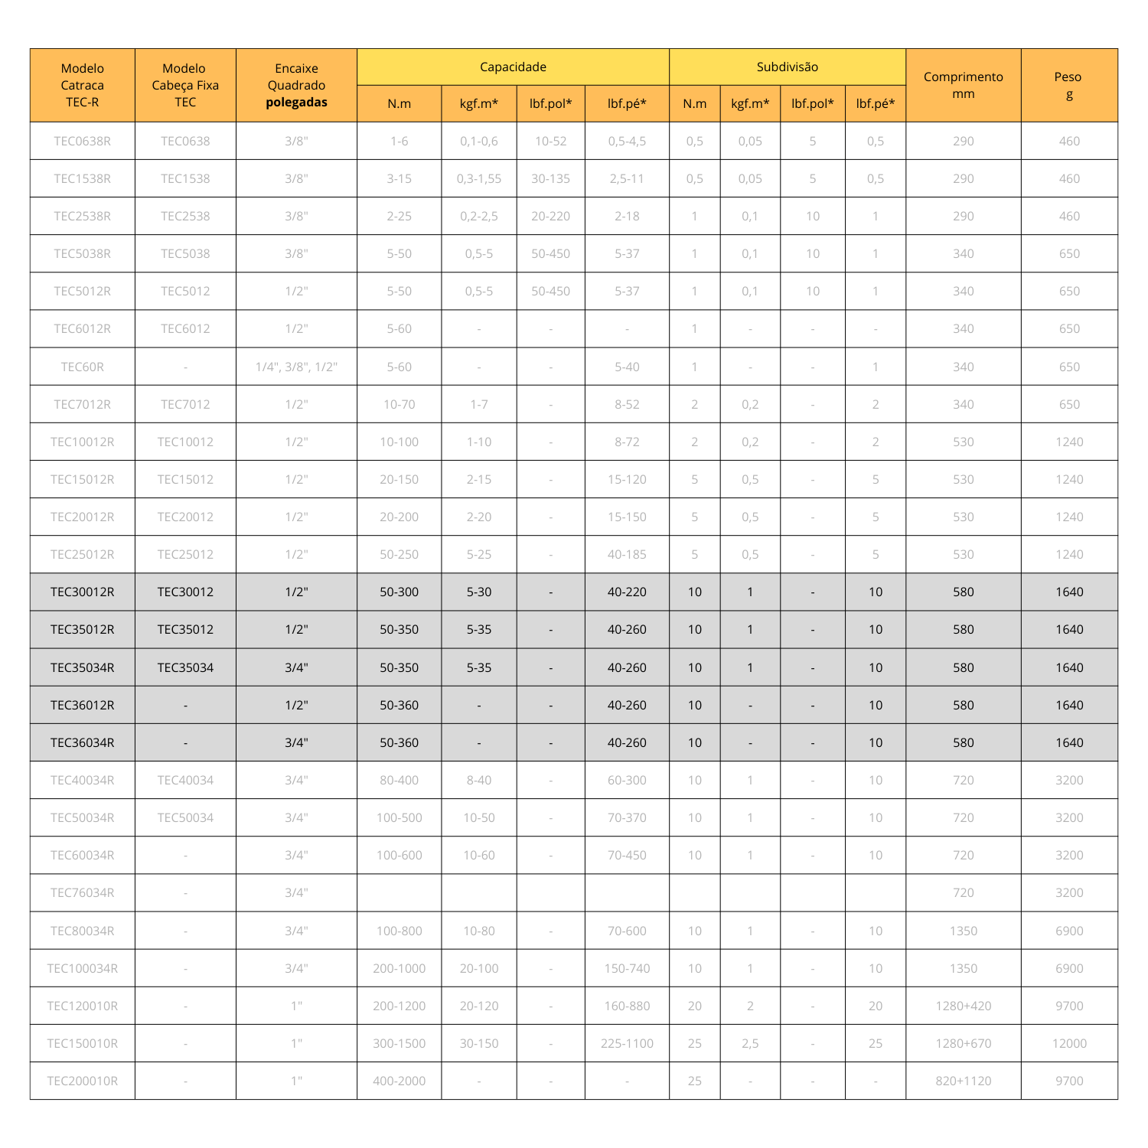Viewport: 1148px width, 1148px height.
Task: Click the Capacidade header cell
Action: pyautogui.click(x=513, y=67)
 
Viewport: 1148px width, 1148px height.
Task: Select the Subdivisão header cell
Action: pyautogui.click(x=787, y=67)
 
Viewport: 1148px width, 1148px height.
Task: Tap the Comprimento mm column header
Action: pyautogui.click(x=963, y=85)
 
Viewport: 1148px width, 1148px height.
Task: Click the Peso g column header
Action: pyautogui.click(x=1068, y=85)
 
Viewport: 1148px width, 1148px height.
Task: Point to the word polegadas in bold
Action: pyautogui.click(x=296, y=103)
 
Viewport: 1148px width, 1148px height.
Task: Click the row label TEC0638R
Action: pyautogui.click(x=82, y=141)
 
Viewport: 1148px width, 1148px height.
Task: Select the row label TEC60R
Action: pyautogui.click(x=82, y=367)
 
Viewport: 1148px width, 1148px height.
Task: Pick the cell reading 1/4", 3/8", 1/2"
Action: pyautogui.click(x=296, y=367)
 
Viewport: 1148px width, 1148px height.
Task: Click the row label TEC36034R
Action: pyautogui.click(x=82, y=742)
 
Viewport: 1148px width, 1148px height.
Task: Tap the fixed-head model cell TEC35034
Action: pyautogui.click(x=185, y=667)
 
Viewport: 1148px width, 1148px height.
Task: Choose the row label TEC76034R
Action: pyautogui.click(x=82, y=892)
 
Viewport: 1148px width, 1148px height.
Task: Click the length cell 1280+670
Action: pyautogui.click(x=963, y=1043)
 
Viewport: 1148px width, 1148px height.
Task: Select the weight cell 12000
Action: pyautogui.click(x=1068, y=1043)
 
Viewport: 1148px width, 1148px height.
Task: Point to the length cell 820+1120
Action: pyautogui.click(x=963, y=1081)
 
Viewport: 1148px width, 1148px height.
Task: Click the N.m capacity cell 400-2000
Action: pyautogui.click(x=399, y=1081)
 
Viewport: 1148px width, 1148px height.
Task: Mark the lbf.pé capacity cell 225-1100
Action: pyautogui.click(x=627, y=1043)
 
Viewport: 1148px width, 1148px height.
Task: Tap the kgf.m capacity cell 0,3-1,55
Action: pyautogui.click(x=478, y=178)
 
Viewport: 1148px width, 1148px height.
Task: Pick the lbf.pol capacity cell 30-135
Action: pyautogui.click(x=550, y=178)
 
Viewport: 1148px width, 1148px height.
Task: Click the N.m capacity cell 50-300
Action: pyautogui.click(x=399, y=592)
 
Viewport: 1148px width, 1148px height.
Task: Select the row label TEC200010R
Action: pyautogui.click(x=82, y=1081)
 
